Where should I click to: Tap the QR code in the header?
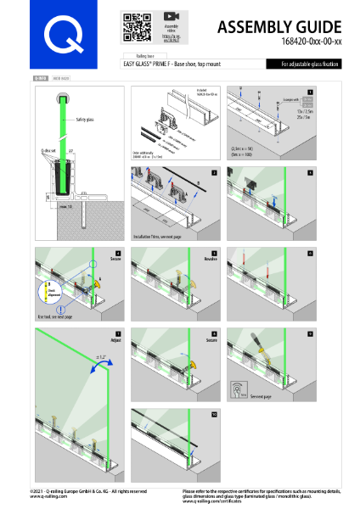coord(132,27)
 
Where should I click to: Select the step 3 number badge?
coord(312,171)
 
